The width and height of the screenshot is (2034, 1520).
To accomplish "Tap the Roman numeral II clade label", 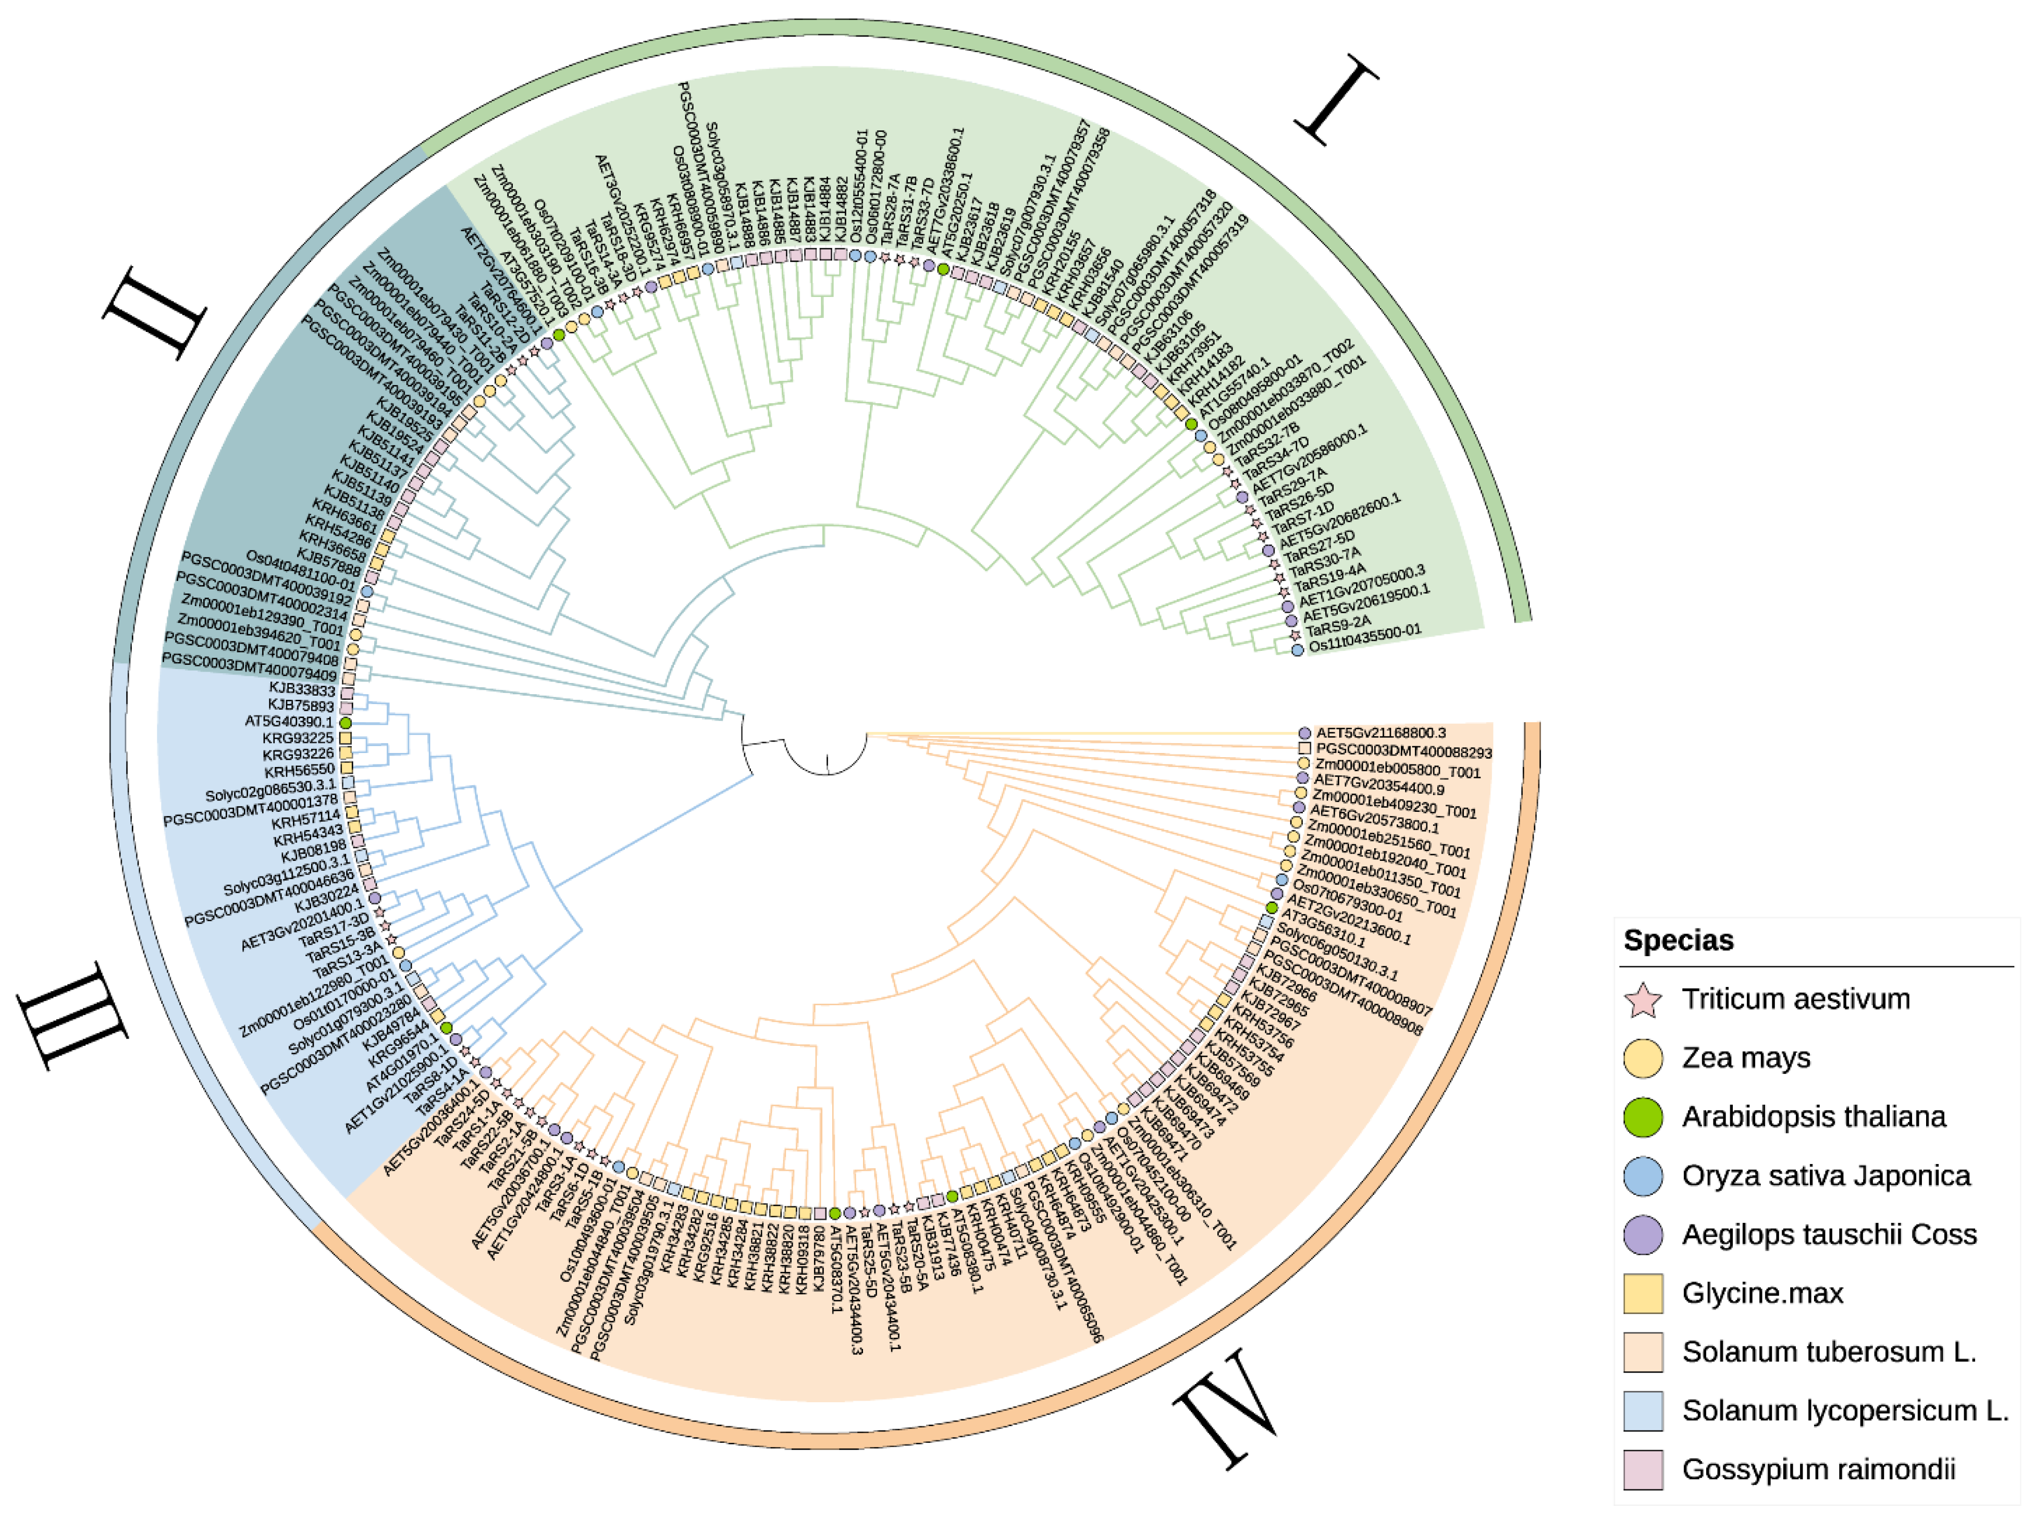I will (154, 313).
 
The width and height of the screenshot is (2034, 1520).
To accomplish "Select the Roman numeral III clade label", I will (73, 1016).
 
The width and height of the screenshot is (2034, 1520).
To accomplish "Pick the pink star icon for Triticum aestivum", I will (1643, 999).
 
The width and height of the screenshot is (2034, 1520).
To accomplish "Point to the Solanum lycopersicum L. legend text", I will (1845, 1411).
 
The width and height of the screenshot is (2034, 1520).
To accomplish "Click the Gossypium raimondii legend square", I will (1643, 1469).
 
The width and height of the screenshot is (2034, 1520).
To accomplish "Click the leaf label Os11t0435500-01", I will (1364, 638).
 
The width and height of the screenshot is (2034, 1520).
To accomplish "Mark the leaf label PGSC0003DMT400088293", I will (1403, 751).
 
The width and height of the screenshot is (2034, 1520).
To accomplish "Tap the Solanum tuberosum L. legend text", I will (1828, 1352).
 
